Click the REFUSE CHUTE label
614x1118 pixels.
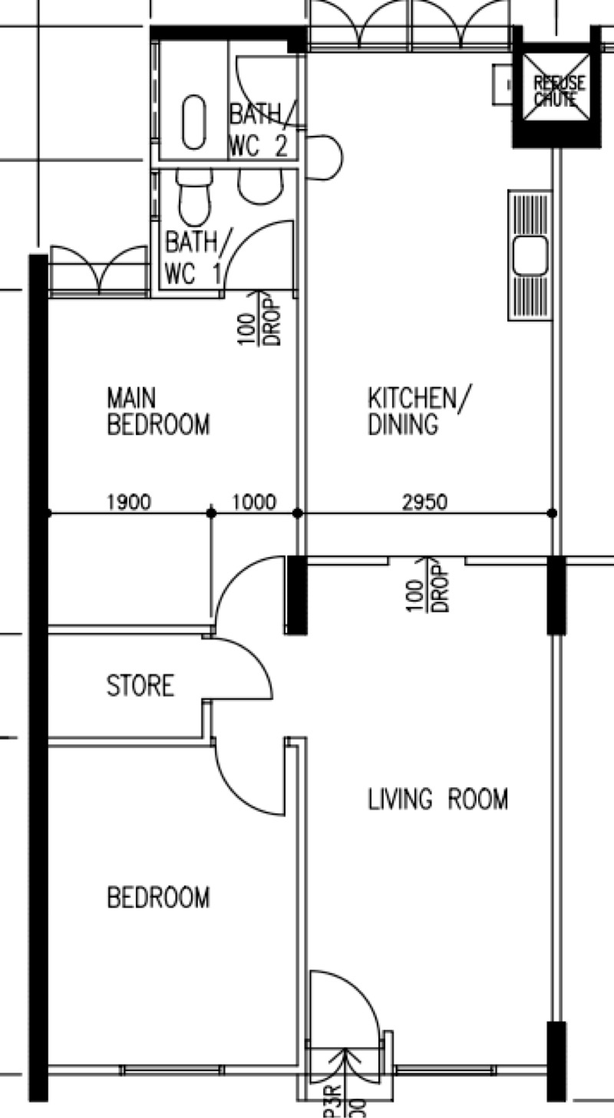tap(559, 91)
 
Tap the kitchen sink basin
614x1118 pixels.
tap(530, 255)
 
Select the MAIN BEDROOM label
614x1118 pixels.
tap(157, 411)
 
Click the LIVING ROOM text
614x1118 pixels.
tap(437, 800)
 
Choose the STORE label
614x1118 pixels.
tap(140, 685)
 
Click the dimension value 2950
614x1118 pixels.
tap(424, 503)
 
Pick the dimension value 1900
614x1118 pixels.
tap(129, 503)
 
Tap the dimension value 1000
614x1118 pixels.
tap(253, 503)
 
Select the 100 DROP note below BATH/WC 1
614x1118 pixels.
tap(261, 318)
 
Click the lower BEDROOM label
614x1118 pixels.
tap(158, 897)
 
